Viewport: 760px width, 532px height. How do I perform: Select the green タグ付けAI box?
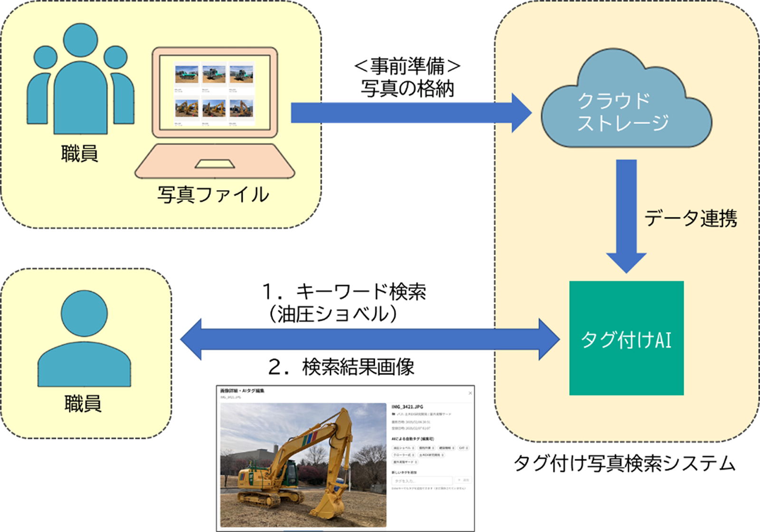[626, 338]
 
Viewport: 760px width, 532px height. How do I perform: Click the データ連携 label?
[690, 218]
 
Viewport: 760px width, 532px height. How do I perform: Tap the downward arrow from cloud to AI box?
[626, 214]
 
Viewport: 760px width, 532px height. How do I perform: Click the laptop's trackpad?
[215, 164]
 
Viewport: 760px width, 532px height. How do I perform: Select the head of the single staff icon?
[84, 314]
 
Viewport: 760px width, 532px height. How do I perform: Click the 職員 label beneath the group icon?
[79, 154]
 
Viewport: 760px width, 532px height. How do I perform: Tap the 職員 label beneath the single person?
[83, 404]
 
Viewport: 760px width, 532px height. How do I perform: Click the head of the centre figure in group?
[80, 40]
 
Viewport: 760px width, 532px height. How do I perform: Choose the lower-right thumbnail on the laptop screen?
[241, 108]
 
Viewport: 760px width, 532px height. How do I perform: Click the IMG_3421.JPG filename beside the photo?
[407, 407]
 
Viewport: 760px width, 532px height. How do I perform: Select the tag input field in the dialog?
[421, 481]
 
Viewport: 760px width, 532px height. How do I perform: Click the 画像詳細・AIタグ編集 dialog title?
[242, 391]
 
